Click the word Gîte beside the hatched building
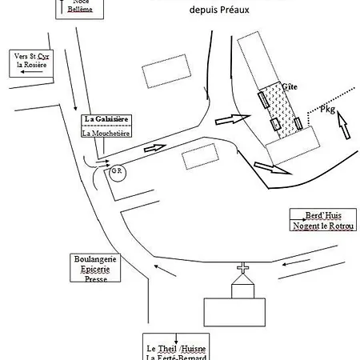click(x=290, y=85)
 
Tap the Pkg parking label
click(x=326, y=108)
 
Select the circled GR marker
click(x=117, y=171)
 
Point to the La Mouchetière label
click(x=107, y=134)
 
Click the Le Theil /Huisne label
click(x=175, y=349)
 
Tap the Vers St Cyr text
click(x=32, y=56)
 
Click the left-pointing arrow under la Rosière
click(x=30, y=72)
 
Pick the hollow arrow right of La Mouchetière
click(x=155, y=148)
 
